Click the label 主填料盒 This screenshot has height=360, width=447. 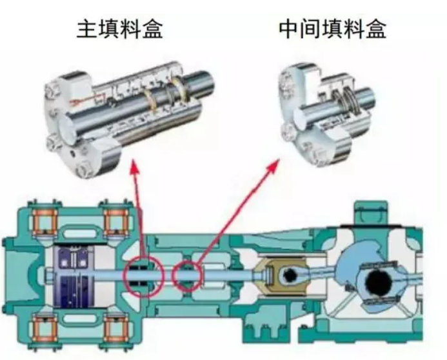[120, 29]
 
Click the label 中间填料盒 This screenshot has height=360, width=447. [332, 29]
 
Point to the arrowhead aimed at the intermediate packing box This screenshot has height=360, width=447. [273, 165]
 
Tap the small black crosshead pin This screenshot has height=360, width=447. [290, 275]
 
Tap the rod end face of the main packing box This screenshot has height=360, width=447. [66, 125]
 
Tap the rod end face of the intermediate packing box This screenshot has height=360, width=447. [301, 117]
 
